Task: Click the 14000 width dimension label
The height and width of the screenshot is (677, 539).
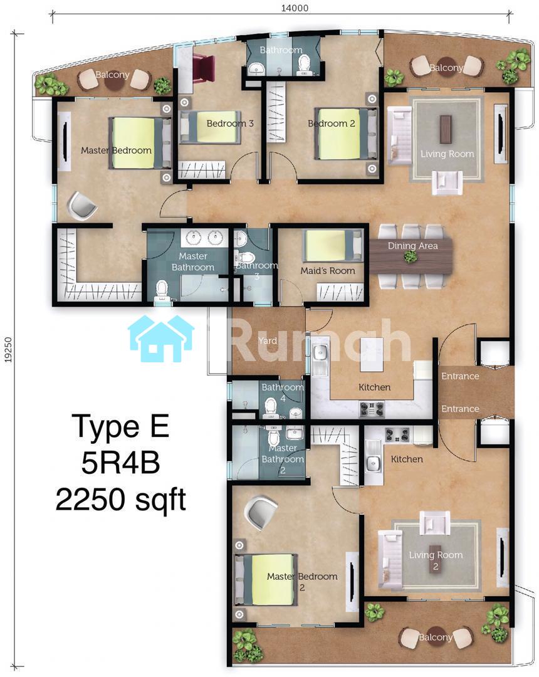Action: tap(295, 8)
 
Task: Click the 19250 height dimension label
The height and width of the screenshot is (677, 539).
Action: tap(9, 349)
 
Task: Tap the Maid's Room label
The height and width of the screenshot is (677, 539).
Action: tap(328, 271)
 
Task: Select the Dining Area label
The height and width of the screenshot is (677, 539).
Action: tap(412, 246)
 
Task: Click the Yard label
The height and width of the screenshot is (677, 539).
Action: tap(268, 340)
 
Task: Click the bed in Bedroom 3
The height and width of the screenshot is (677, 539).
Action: tap(210, 127)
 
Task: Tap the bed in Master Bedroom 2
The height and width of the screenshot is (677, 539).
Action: tap(266, 580)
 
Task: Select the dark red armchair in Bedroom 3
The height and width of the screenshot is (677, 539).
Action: tap(203, 66)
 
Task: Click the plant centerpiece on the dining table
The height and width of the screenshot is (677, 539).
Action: tap(410, 256)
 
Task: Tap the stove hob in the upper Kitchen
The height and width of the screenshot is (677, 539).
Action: tap(372, 409)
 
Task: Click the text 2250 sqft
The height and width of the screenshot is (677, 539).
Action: tap(121, 500)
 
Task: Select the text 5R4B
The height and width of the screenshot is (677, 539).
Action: tap(121, 463)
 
